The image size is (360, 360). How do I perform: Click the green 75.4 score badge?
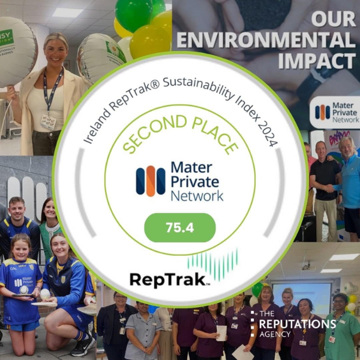(x=180, y=228)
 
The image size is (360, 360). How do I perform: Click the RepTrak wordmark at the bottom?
(x=169, y=278)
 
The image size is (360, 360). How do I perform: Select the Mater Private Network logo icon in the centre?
(x=150, y=181)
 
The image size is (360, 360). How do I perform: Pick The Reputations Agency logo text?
(x=293, y=325)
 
